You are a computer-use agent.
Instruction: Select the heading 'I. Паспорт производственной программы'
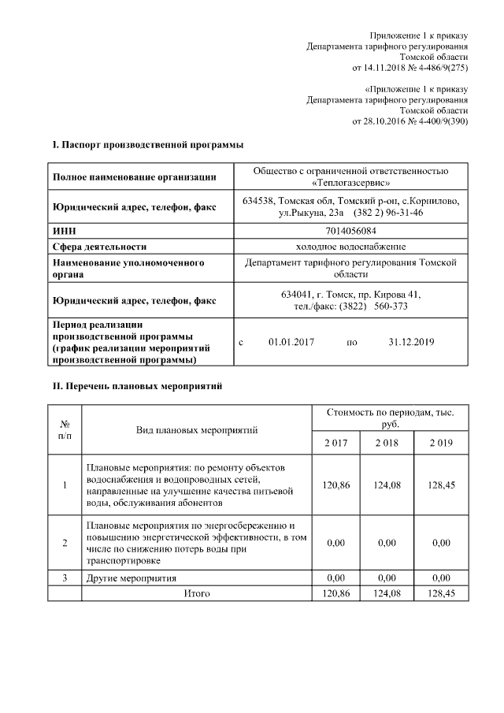point(147,145)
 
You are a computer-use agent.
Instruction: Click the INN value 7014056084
point(350,231)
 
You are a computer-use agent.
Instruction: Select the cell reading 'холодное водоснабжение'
point(350,246)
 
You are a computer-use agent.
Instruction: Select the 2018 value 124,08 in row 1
point(387,485)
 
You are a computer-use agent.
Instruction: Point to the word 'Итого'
point(197,592)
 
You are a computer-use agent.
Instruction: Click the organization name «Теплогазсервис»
point(350,183)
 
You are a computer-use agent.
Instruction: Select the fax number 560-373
point(391,306)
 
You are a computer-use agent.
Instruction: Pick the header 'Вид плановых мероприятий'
point(197,429)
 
